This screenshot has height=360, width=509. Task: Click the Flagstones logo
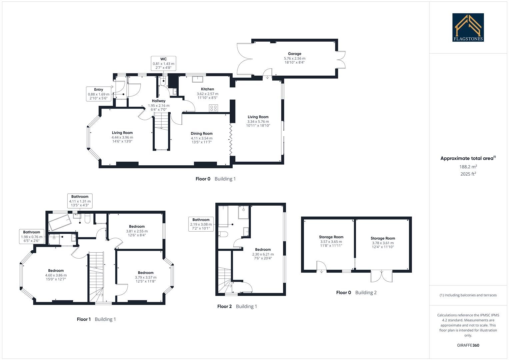(468, 27)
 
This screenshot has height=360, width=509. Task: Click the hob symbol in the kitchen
(213, 108)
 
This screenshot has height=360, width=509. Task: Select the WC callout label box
(163, 63)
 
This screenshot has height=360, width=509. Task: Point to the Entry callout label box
(99, 94)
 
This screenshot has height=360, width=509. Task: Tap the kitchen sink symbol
(198, 79)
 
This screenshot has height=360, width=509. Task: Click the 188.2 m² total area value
(468, 167)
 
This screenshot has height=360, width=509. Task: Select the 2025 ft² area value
(468, 174)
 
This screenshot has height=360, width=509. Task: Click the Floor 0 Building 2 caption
(356, 293)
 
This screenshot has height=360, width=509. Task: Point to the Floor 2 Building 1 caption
(237, 306)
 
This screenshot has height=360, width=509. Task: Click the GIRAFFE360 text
(468, 345)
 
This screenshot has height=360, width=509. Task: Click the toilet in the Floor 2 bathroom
(223, 234)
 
